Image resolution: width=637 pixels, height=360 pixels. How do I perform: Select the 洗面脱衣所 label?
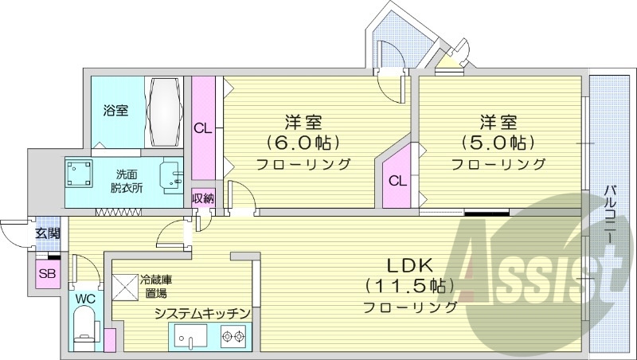pyautogui.click(x=125, y=181)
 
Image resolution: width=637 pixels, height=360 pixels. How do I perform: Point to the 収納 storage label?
pyautogui.click(x=203, y=198)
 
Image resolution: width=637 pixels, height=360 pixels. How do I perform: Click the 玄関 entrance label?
pyautogui.click(x=47, y=233)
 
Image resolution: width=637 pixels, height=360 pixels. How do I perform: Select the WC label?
pyautogui.click(x=84, y=299)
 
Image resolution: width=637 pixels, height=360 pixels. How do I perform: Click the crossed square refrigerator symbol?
pyautogui.click(x=125, y=286)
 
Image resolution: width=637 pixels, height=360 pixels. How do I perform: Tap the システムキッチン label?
pyautogui.click(x=203, y=313)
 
